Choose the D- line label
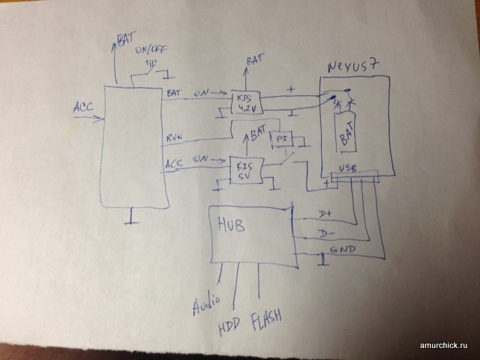325,234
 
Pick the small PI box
282,140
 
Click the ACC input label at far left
83,106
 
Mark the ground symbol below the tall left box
131,220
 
